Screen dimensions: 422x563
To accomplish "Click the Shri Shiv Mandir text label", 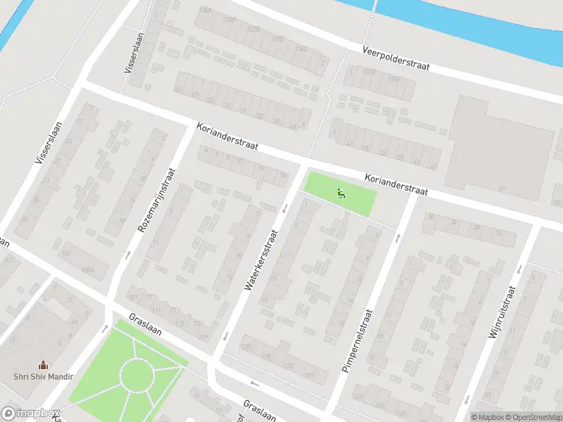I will tap(44, 376).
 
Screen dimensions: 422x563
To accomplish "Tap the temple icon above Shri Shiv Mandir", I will tap(44, 364).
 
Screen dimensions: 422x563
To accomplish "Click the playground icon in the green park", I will tap(341, 193).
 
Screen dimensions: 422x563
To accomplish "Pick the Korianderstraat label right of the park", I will tap(396, 185).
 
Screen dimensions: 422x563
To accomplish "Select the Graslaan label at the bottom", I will tap(259, 410).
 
